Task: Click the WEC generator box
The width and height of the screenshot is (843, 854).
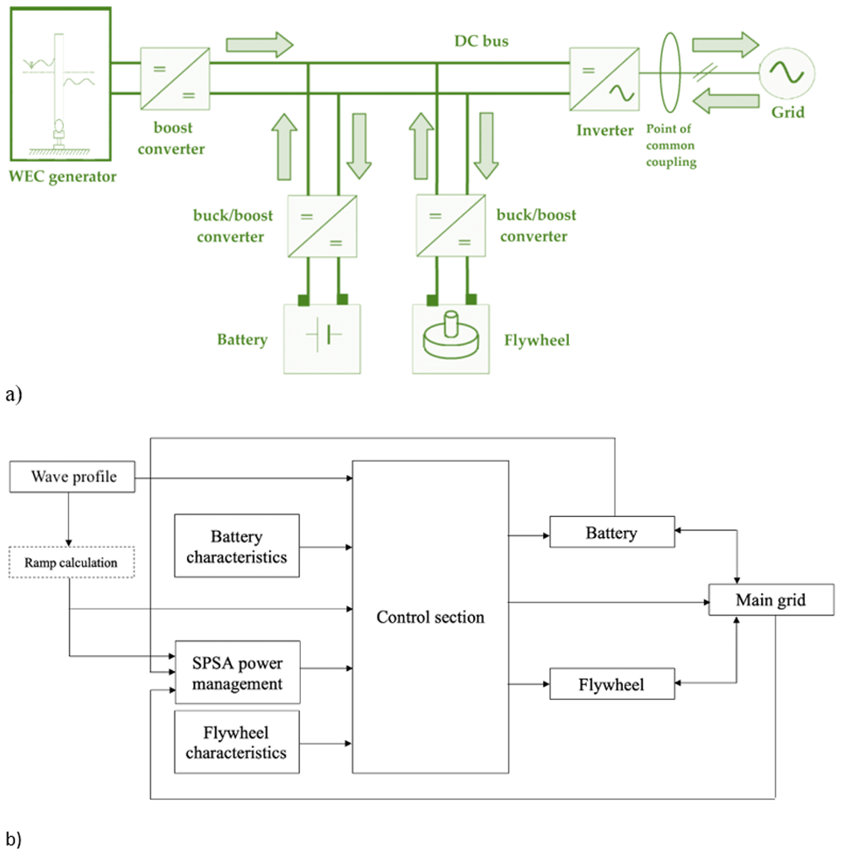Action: tap(61, 83)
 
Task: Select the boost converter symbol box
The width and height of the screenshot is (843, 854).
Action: tap(175, 78)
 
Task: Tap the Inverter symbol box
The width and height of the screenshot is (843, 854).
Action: tap(604, 79)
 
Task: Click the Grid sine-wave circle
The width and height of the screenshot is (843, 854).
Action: tap(787, 73)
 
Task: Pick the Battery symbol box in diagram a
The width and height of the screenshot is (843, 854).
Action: tap(322, 339)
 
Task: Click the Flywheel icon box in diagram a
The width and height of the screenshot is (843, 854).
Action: tap(450, 339)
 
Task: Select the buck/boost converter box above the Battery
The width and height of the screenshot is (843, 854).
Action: tap(322, 226)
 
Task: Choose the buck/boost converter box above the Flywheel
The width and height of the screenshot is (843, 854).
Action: tap(450, 225)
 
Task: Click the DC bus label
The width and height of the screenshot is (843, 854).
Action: tap(481, 41)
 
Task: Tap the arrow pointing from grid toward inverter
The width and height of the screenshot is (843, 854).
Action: tap(725, 101)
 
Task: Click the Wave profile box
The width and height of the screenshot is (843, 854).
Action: tap(72, 477)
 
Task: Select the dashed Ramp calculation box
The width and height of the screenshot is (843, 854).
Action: tap(72, 562)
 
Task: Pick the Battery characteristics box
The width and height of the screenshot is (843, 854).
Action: tap(237, 545)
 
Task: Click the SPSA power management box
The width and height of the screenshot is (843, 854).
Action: tap(238, 672)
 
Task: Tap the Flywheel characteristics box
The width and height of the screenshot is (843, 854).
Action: tap(237, 742)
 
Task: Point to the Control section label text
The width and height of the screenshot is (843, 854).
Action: tap(430, 617)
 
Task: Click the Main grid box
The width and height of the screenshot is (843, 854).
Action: tap(771, 599)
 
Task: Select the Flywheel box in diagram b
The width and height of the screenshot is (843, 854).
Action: tap(612, 684)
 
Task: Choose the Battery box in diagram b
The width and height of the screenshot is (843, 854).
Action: tap(612, 532)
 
